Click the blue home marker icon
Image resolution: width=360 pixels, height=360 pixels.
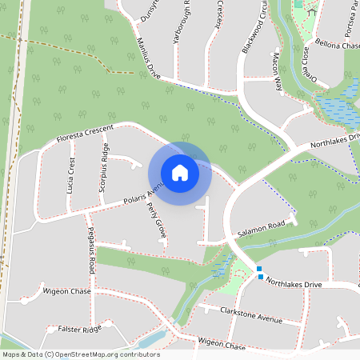click(179, 173)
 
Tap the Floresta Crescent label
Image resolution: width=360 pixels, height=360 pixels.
click(86, 134)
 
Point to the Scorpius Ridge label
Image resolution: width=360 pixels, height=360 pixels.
click(103, 169)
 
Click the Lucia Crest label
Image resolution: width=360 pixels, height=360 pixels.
click(72, 177)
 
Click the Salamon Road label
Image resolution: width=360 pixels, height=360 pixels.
click(262, 230)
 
